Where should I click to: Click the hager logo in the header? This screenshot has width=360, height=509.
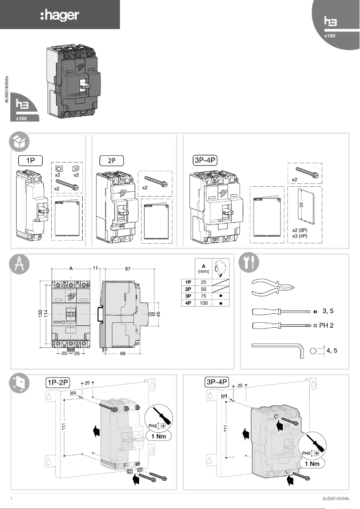[60, 16]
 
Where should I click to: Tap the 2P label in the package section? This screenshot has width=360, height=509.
[111, 159]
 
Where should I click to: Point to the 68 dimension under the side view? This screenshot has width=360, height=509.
[123, 354]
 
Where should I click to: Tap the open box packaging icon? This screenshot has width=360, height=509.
[20, 142]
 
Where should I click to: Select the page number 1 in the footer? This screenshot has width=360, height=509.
[11, 499]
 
